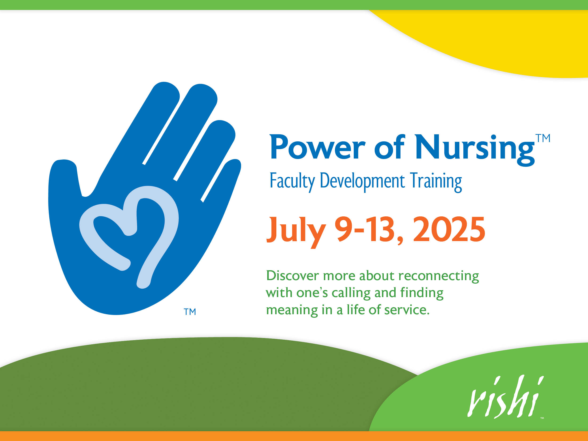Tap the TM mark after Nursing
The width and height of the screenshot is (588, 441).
pyautogui.click(x=543, y=138)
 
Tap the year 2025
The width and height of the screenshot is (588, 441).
pyautogui.click(x=449, y=229)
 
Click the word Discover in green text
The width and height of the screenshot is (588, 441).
pyautogui.click(x=292, y=276)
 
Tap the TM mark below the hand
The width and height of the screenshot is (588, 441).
pyautogui.click(x=190, y=312)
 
